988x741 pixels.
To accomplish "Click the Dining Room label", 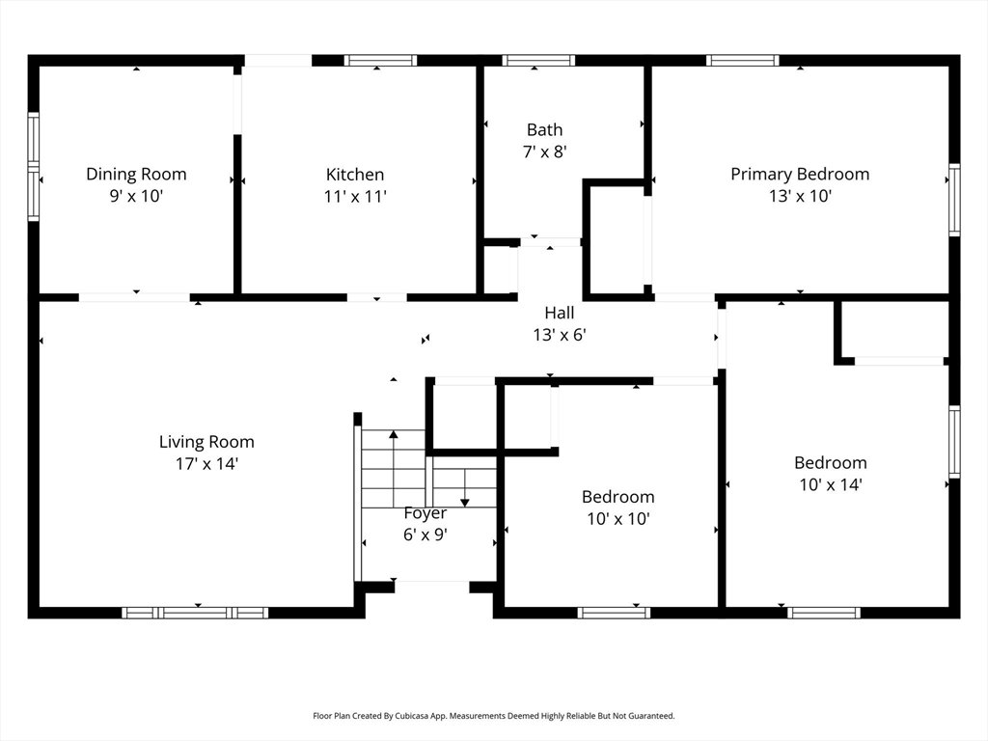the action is pyautogui.click(x=136, y=174).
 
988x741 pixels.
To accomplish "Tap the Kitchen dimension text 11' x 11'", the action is pyautogui.click(x=355, y=197).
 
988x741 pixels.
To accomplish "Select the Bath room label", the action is pyautogui.click(x=544, y=130).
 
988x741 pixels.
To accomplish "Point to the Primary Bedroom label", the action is pyautogui.click(x=800, y=174).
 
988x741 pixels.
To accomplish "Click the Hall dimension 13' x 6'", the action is pyautogui.click(x=560, y=335).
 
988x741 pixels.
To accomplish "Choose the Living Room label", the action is pyautogui.click(x=206, y=442).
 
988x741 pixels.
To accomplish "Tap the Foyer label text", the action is pyautogui.click(x=425, y=513).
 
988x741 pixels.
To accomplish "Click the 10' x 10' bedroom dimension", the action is pyautogui.click(x=618, y=518).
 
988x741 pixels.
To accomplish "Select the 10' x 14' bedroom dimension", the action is pyautogui.click(x=831, y=484).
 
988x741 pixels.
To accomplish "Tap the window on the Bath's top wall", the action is pyautogui.click(x=538, y=61).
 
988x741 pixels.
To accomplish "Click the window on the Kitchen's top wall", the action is pyautogui.click(x=380, y=61).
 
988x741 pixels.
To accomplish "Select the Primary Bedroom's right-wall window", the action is pyautogui.click(x=954, y=200).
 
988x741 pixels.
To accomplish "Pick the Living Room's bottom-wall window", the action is pyautogui.click(x=195, y=613).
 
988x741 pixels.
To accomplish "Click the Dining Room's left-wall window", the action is pyautogui.click(x=34, y=167).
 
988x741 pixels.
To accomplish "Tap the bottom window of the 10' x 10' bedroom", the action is pyautogui.click(x=614, y=613).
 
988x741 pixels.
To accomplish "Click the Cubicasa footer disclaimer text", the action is pyautogui.click(x=494, y=716).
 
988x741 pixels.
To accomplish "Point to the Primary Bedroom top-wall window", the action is pyautogui.click(x=743, y=61).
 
